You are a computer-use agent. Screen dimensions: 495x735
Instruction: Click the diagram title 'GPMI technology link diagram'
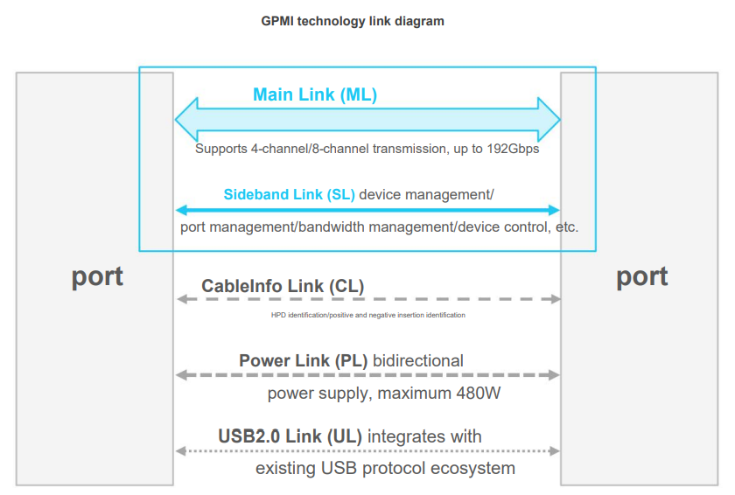pyautogui.click(x=353, y=21)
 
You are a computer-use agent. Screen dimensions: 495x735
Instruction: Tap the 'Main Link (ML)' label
pyautogui.click(x=315, y=94)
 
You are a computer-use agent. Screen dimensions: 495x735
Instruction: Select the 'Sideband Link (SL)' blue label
pyautogui.click(x=289, y=194)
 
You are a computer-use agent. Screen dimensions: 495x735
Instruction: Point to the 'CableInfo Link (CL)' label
pyautogui.click(x=283, y=286)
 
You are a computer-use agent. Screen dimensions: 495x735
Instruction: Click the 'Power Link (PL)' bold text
pyautogui.click(x=297, y=360)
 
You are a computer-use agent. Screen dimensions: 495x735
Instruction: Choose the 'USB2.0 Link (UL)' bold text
pyautogui.click(x=290, y=436)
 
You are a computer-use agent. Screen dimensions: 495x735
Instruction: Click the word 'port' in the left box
pyautogui.click(x=97, y=276)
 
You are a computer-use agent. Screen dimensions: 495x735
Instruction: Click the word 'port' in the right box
pyautogui.click(x=642, y=276)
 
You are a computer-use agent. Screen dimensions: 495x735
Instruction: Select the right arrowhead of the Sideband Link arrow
pyautogui.click(x=554, y=210)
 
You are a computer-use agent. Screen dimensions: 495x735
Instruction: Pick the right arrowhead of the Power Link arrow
pyautogui.click(x=554, y=375)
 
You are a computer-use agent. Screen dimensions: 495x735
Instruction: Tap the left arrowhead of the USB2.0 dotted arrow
pyautogui.click(x=181, y=451)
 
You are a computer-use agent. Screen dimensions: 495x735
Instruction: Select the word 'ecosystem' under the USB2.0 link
pyautogui.click(x=473, y=469)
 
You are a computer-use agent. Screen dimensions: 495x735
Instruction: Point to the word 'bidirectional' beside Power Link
pyautogui.click(x=418, y=360)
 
